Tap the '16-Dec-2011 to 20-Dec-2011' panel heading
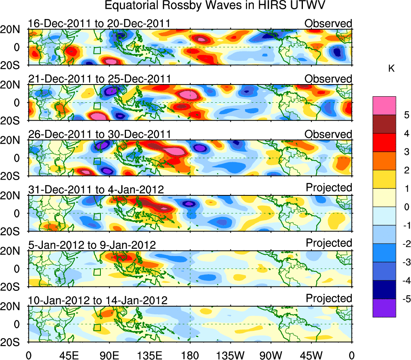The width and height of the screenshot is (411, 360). pos(99,23)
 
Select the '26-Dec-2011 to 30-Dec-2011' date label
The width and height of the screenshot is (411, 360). pos(99,134)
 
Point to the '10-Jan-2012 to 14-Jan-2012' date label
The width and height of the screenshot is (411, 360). pos(98,300)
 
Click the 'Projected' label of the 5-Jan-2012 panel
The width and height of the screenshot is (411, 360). pos(329,243)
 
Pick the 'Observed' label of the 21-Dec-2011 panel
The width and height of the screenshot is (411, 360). pos(328,78)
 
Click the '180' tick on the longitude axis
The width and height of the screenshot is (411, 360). pos(190,355)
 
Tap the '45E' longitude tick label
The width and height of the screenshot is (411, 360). pos(68,355)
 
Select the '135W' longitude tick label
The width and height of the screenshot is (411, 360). pos(230,355)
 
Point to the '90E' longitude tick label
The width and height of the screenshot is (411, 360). pos(109,355)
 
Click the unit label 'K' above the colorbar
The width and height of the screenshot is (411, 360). pos(391,69)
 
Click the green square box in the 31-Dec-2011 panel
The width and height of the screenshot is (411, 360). pos(97,216)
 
